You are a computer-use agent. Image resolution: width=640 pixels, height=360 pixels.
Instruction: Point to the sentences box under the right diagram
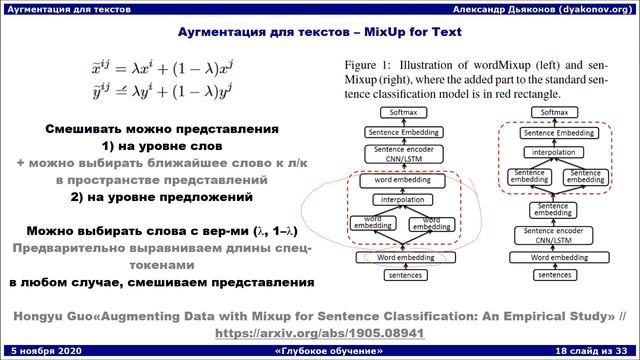click(545, 274)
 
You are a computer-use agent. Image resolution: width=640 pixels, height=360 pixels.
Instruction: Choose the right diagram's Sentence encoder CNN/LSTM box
click(545, 236)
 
